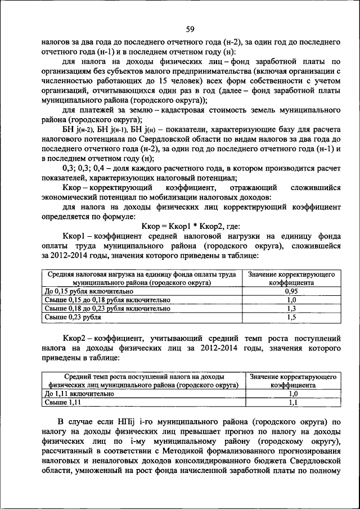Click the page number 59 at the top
tap(190, 29)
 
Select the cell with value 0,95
tap(291, 291)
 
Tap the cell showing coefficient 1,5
tap(291, 317)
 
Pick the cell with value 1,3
tap(291, 308)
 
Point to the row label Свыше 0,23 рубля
tap(73, 317)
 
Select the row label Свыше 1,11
tap(62, 403)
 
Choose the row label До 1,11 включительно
tap(79, 394)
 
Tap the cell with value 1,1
tap(292, 403)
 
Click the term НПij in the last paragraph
tap(124, 421)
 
